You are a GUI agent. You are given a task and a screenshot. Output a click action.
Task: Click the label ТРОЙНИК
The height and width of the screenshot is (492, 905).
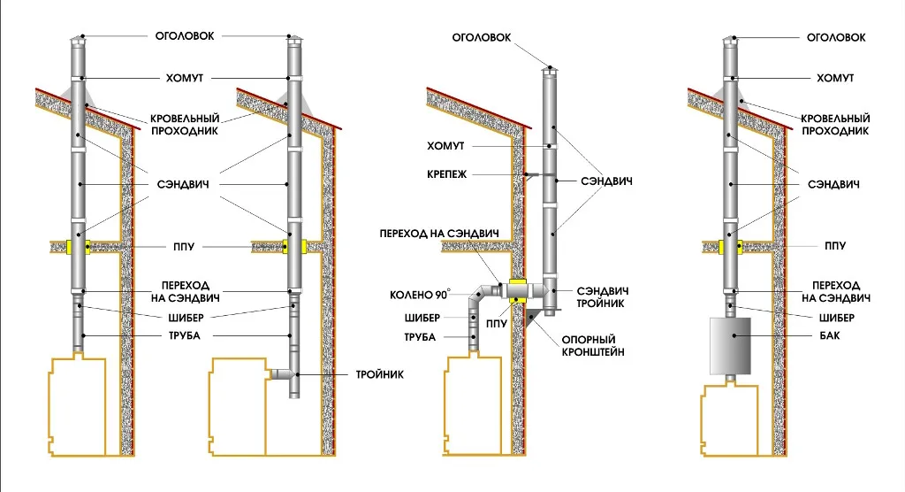[x=379, y=374]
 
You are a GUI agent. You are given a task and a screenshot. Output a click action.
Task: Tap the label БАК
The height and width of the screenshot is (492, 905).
[x=829, y=335]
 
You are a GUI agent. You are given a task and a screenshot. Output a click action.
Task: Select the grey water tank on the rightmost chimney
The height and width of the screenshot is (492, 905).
[x=730, y=345]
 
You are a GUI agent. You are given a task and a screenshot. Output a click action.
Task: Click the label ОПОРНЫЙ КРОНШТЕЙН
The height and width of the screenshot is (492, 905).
[x=593, y=346]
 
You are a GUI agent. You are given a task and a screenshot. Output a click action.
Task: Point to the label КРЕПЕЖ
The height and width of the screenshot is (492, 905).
[x=446, y=174]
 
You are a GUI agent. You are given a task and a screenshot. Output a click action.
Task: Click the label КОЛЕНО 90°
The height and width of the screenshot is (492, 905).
[x=420, y=295]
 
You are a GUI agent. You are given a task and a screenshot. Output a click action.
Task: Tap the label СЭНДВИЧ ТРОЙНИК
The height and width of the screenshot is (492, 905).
[x=603, y=297]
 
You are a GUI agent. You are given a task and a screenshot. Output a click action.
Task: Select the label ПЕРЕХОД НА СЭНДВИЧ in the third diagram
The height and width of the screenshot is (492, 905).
[x=439, y=234]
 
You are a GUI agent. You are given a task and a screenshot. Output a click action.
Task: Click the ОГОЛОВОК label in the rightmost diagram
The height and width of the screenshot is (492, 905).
[x=836, y=37]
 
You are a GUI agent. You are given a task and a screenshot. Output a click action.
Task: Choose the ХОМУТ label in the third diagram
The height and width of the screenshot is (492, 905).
[x=445, y=146]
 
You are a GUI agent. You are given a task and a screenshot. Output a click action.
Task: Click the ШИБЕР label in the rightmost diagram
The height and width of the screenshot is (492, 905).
[x=836, y=318]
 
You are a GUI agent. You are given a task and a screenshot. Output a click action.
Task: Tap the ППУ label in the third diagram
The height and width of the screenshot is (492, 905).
[x=496, y=324]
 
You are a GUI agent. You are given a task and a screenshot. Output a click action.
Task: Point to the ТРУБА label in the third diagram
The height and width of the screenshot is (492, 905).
[x=420, y=337]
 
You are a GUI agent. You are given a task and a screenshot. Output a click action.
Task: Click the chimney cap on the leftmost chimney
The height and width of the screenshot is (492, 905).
[x=78, y=39]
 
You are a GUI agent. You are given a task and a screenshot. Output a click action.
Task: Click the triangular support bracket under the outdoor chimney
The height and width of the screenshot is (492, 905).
[x=532, y=318]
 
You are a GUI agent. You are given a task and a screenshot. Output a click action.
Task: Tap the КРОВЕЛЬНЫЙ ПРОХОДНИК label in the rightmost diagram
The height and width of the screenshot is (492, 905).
[x=835, y=125]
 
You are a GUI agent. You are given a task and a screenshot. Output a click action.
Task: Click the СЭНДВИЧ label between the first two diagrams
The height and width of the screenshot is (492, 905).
[x=183, y=184]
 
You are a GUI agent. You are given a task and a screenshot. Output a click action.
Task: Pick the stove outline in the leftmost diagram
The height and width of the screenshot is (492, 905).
[x=78, y=406]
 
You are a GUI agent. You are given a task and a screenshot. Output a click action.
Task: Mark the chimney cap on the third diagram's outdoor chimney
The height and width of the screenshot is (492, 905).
[x=550, y=71]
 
